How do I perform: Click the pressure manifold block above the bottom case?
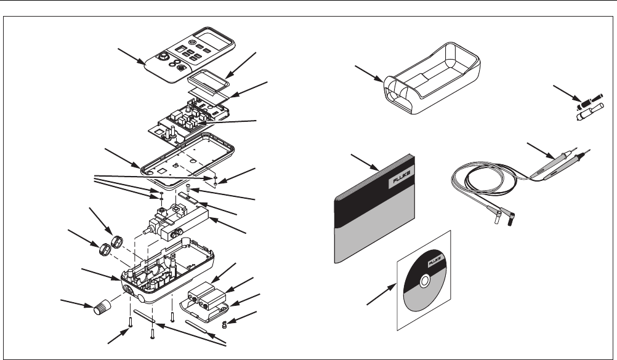[x=185, y=223]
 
